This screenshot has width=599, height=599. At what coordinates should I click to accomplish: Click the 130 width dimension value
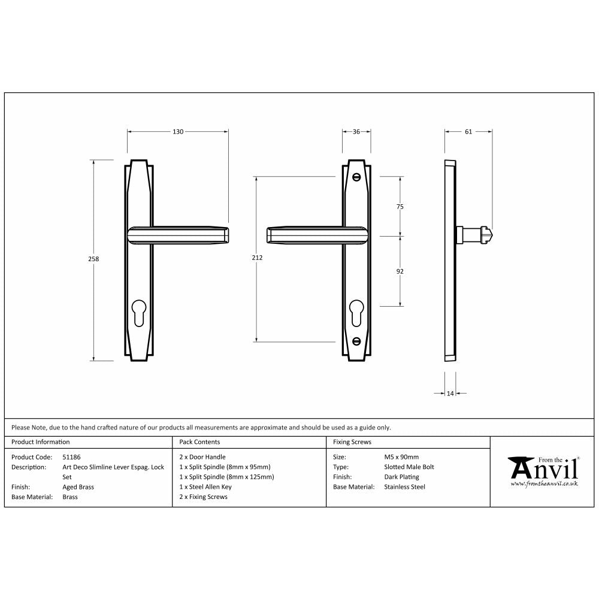tap(178, 132)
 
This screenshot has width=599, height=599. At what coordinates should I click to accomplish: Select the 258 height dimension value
tap(93, 259)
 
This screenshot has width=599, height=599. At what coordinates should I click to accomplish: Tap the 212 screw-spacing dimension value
tap(258, 258)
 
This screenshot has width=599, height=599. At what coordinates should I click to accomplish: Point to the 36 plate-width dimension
tap(356, 132)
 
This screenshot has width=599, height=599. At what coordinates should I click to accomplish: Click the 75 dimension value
tap(400, 207)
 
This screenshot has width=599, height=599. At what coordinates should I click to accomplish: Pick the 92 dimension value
tap(400, 271)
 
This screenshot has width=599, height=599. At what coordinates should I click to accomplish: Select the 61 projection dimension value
tap(468, 132)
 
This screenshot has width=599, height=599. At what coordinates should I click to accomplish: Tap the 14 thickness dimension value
tap(450, 394)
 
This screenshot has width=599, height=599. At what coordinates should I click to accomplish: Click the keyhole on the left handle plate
tap(138, 311)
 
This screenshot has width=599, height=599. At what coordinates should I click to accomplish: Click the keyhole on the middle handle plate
tap(356, 311)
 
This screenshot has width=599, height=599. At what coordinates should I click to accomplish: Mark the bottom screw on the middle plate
tap(357, 342)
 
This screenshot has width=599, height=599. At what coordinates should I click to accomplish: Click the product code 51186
tap(71, 457)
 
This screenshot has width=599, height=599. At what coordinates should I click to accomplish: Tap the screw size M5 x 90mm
tap(401, 457)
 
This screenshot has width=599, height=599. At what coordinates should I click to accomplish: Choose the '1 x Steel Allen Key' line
tap(205, 487)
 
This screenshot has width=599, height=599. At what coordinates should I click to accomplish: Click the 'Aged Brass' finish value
tap(78, 487)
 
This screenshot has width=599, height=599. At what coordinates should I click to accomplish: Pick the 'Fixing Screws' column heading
tap(352, 442)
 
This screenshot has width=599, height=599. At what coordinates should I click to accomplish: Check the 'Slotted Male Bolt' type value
tap(409, 467)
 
